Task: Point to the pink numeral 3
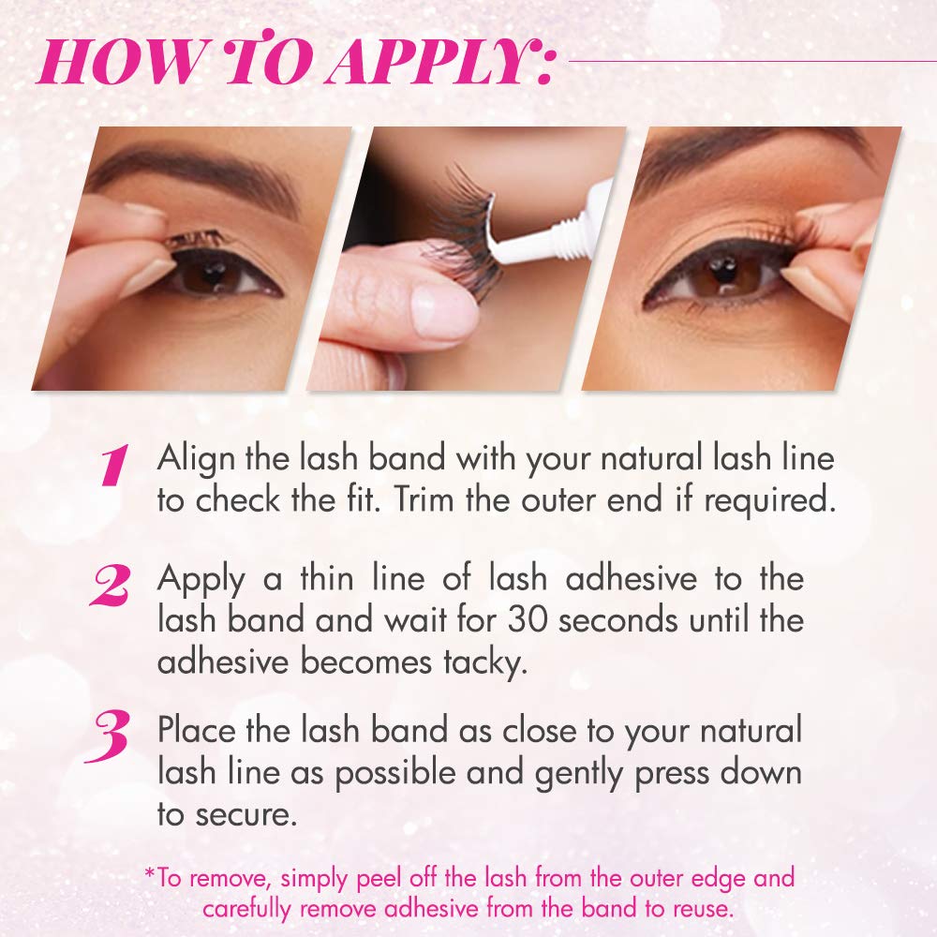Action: [108, 736]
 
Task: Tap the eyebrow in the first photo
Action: [198, 173]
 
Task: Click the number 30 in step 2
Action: [527, 621]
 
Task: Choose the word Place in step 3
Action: [197, 730]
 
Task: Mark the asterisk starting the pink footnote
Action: [150, 873]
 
